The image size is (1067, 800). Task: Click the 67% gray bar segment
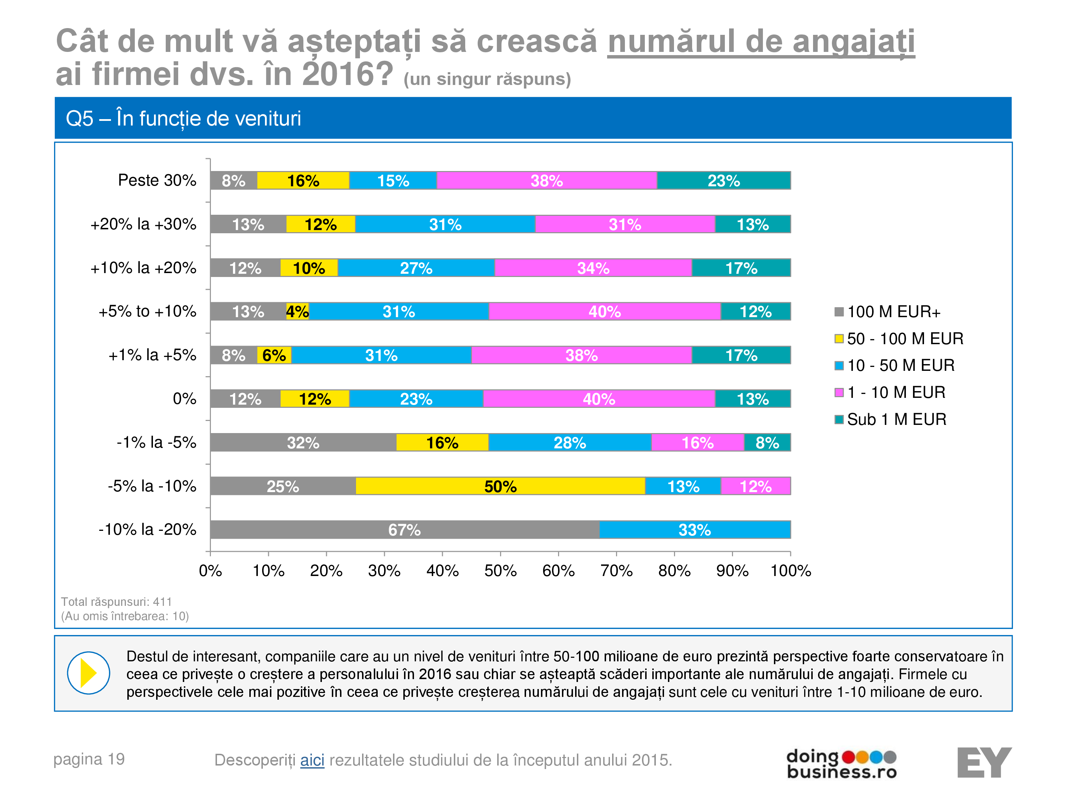tap(404, 529)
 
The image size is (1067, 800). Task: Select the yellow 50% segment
tap(500, 486)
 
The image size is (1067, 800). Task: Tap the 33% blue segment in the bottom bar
tap(695, 529)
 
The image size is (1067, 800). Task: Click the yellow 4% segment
tap(297, 311)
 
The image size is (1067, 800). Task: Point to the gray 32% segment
tap(303, 442)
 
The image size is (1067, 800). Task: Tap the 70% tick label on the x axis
tap(616, 571)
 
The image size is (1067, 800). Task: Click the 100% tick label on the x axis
tap(790, 571)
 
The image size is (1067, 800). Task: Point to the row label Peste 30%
tap(157, 180)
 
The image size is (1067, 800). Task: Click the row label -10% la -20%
tap(147, 529)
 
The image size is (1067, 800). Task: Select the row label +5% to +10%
tap(147, 311)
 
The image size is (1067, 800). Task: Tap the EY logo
tap(984, 762)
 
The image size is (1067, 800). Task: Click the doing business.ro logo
tap(841, 763)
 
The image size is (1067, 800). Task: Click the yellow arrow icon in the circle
tap(88, 673)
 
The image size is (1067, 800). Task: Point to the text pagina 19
tap(89, 759)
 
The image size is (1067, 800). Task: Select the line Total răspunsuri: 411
tap(116, 602)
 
